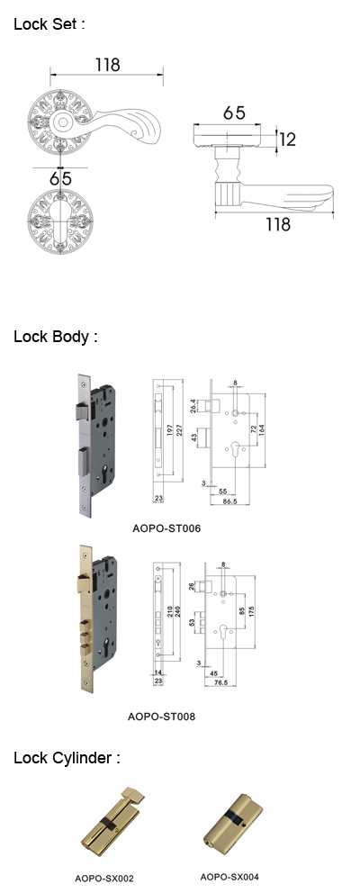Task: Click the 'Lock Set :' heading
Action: point(49,24)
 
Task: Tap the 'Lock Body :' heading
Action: point(56,337)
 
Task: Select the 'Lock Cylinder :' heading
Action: point(67,758)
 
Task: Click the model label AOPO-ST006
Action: point(166,528)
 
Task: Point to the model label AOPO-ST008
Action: point(161,717)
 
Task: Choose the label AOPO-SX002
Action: point(104,879)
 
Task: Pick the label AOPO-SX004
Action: point(229,877)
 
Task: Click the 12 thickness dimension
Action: point(288,139)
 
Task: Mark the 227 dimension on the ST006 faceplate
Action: point(177,431)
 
